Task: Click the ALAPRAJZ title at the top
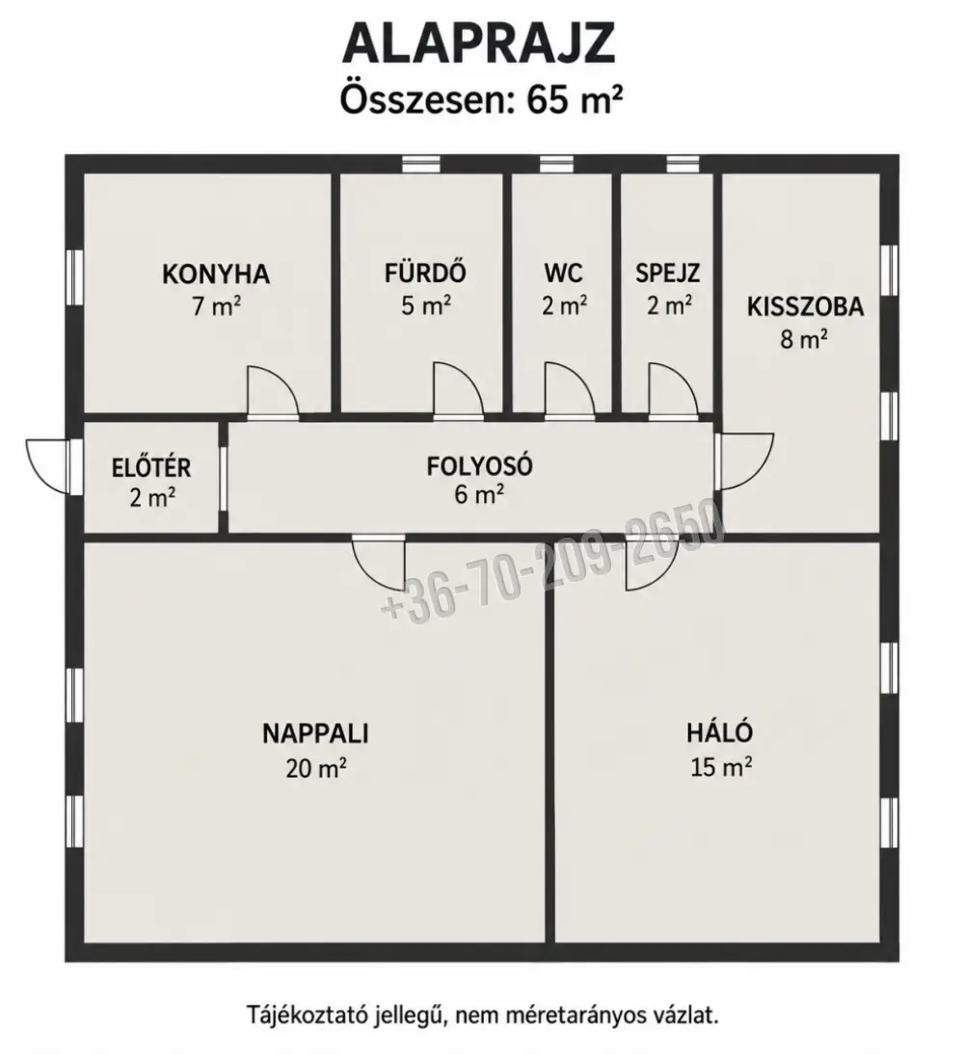click(x=479, y=43)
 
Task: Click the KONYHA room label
click(x=216, y=275)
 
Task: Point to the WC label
click(x=563, y=274)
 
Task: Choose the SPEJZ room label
click(x=668, y=274)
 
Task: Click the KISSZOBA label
click(x=805, y=306)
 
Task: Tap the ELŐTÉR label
click(x=151, y=466)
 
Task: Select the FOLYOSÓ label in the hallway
click(x=479, y=465)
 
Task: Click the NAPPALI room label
click(x=316, y=733)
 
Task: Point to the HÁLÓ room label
click(x=720, y=731)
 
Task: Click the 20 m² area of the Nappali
click(x=316, y=767)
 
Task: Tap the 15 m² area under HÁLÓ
click(x=721, y=766)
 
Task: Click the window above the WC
click(x=556, y=164)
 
